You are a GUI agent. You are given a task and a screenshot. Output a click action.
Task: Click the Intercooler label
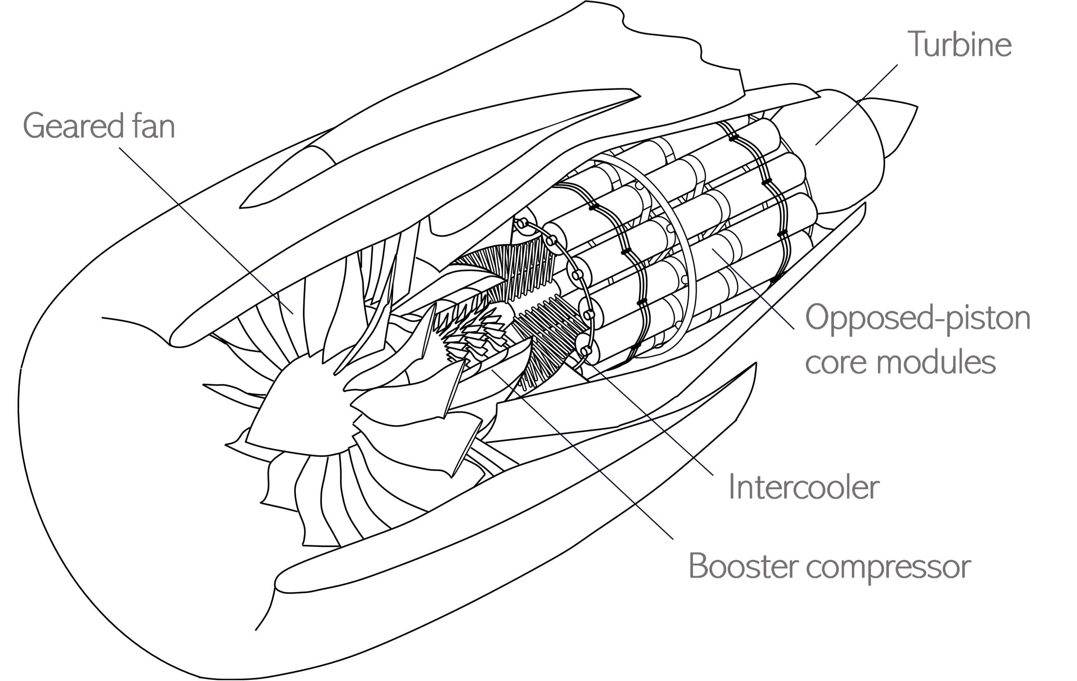(804, 487)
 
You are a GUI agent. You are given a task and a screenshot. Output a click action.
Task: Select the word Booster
(743, 566)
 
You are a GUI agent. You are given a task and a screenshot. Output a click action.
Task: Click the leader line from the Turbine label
(856, 105)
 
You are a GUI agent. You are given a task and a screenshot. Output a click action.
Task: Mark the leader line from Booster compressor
(582, 454)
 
